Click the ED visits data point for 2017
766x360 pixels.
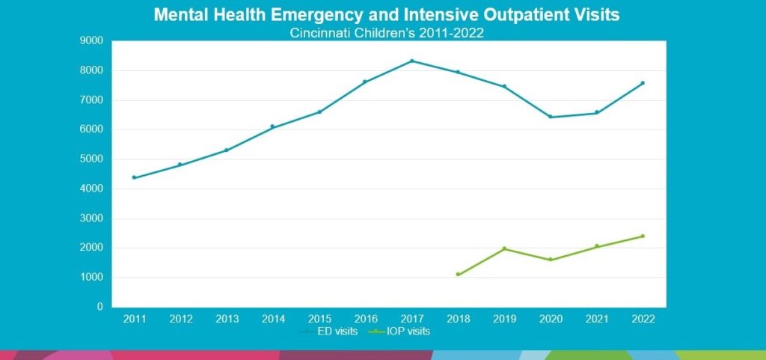click(x=411, y=61)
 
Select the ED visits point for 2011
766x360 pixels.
click(x=135, y=177)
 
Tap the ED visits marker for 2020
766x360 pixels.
click(x=551, y=117)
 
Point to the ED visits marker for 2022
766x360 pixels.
click(x=643, y=83)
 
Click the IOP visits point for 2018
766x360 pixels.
click(x=458, y=275)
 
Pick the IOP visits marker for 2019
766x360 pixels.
click(x=504, y=248)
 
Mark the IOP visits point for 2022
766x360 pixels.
click(x=643, y=237)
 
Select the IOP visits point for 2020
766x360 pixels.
click(x=551, y=260)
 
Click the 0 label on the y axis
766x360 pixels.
click(x=99, y=307)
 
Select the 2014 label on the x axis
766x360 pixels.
click(x=273, y=319)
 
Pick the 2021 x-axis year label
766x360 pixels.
click(x=596, y=319)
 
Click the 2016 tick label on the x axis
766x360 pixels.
click(x=365, y=319)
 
